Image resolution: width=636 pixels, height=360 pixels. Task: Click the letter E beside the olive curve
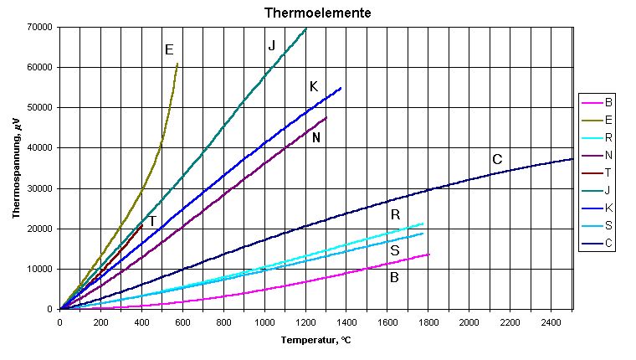169,50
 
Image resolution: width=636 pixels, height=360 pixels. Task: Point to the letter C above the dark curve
496,160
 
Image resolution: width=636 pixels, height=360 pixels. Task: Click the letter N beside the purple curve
316,137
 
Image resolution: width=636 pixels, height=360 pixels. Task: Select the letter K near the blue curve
313,86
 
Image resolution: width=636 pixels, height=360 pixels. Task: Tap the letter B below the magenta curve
394,277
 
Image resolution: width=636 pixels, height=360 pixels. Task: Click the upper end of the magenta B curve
428,255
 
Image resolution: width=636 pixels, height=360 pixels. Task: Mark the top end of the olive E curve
177,64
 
